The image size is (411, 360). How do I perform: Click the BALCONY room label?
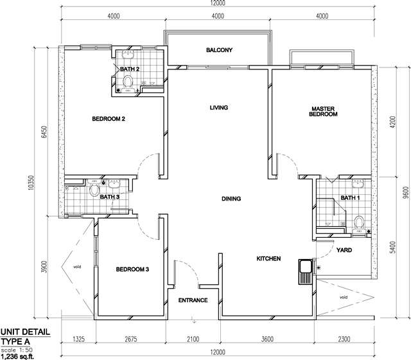pos(219,50)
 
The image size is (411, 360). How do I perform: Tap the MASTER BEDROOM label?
pos(323,111)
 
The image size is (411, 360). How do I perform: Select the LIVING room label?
pos(219,107)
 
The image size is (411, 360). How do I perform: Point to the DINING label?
pos(231,199)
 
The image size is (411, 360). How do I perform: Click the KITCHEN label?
pos(268,258)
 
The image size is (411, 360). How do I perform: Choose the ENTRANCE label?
pos(193,300)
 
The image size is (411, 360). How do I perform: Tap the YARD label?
pos(344,250)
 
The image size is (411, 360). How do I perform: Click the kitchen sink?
pos(304,271)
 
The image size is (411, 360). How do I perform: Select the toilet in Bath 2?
pos(128,82)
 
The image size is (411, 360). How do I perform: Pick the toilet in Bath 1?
pos(358,222)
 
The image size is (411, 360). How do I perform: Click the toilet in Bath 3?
pos(94,190)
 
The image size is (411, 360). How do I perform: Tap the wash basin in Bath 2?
pos(128,54)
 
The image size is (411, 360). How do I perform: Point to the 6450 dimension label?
pos(44,132)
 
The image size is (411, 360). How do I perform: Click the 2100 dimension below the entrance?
pos(193,339)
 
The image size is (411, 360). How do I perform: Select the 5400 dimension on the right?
pos(392,247)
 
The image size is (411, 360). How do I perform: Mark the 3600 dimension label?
pos(267,339)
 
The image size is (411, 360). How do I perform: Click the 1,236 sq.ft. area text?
pos(17,356)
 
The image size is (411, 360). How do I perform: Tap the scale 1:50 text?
pos(17,350)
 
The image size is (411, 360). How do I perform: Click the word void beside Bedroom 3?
pos(77,267)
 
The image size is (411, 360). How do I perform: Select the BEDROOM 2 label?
pos(109,119)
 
